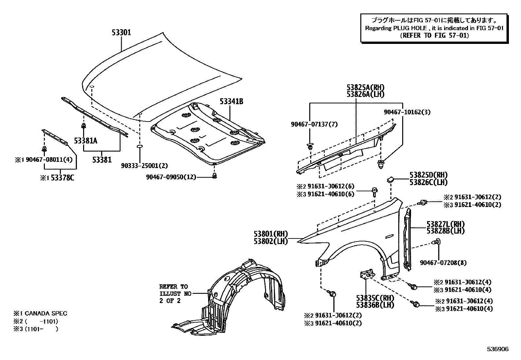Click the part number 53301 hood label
[121, 32]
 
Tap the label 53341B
[231, 102]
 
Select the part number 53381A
[85, 141]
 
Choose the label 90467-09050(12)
[171, 177]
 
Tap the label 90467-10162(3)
[407, 112]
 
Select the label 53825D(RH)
[428, 175]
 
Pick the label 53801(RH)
[270, 234]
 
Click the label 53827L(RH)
[445, 224]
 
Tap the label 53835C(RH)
[375, 298]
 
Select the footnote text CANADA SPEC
[46, 313]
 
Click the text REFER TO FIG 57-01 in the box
[434, 35]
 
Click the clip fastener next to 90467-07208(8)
[436, 243]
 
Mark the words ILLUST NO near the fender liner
[175, 294]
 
